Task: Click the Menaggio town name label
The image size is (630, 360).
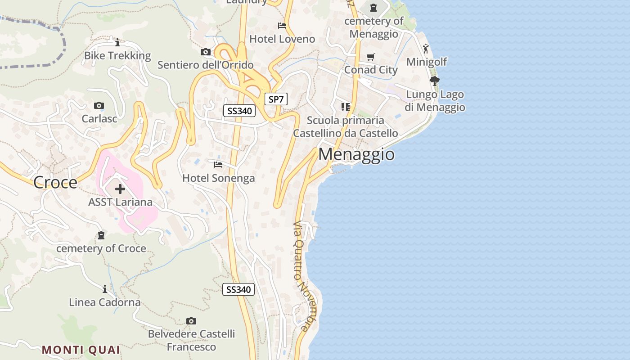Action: (356, 154)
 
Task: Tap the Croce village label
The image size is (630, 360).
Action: (55, 182)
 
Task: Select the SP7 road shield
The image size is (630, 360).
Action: (276, 99)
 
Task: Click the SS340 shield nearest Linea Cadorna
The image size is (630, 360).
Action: (238, 289)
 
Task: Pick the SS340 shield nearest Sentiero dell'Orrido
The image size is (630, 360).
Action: (239, 111)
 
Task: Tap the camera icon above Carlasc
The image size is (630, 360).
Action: (99, 106)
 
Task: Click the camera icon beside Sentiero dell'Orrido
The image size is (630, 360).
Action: (206, 52)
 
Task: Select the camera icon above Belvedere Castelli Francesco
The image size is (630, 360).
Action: (191, 321)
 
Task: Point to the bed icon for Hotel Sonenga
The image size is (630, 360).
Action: (218, 165)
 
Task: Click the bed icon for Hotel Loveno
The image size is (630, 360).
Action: (282, 26)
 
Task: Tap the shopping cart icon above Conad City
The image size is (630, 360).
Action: (371, 57)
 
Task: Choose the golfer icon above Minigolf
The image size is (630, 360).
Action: (426, 48)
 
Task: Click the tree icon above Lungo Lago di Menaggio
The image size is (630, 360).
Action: (434, 81)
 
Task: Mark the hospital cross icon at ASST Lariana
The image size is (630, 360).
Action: (120, 189)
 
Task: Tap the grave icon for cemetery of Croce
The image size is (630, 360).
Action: (101, 235)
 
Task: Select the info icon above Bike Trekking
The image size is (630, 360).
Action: (117, 43)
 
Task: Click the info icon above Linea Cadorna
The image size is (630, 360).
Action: (105, 289)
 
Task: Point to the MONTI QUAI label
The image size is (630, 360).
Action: (81, 350)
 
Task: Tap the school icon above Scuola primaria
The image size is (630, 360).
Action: (346, 107)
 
